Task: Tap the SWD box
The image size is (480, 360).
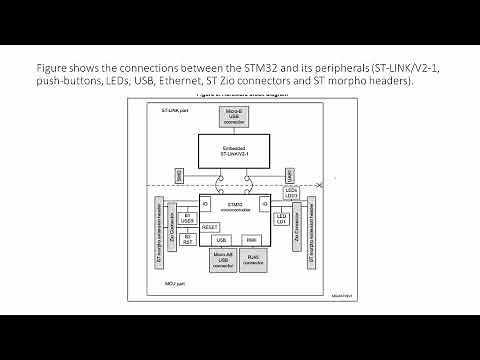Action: click(x=178, y=175)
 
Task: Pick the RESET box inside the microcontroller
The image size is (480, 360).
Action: click(x=210, y=227)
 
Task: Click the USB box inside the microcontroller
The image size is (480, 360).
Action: click(x=222, y=240)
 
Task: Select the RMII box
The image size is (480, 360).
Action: click(x=252, y=240)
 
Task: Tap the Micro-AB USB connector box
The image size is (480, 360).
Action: click(x=222, y=262)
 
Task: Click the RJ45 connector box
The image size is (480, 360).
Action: click(x=252, y=262)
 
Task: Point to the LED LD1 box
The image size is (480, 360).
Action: click(x=282, y=218)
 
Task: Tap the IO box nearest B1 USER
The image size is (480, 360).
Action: click(x=206, y=205)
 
